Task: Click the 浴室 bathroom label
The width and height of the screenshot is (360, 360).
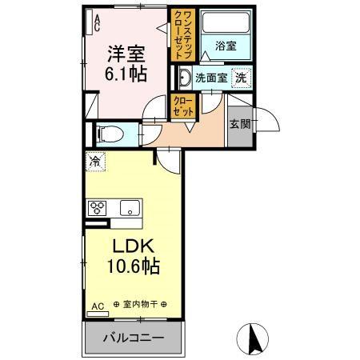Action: (x=224, y=46)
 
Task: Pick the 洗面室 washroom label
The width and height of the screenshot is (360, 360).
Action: (x=211, y=79)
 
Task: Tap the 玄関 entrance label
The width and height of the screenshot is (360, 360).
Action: (x=239, y=124)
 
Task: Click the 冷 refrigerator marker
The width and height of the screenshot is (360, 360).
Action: (x=95, y=161)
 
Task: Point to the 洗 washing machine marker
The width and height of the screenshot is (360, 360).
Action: (x=239, y=78)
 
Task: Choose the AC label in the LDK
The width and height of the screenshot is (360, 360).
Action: (x=97, y=305)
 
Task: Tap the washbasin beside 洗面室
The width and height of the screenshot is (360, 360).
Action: (x=185, y=78)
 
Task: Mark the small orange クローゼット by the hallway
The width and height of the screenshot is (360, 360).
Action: (x=181, y=106)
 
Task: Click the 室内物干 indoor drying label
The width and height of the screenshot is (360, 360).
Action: (x=141, y=305)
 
